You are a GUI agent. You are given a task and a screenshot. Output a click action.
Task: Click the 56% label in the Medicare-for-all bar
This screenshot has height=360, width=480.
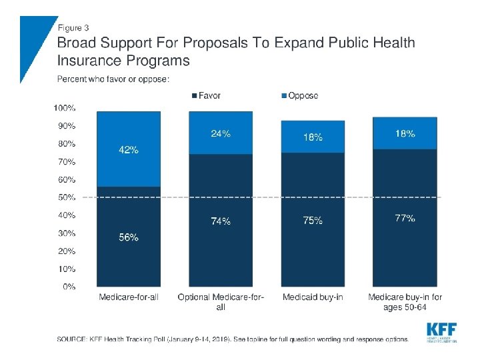click(129, 238)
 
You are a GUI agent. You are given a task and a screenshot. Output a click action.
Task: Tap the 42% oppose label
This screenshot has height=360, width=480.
click(129, 150)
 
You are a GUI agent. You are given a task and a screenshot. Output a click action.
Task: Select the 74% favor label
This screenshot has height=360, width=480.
click(221, 222)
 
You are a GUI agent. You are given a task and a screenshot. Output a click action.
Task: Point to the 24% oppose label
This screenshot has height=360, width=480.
click(221, 133)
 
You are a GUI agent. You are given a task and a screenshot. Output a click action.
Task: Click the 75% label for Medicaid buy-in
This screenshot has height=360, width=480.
click(313, 221)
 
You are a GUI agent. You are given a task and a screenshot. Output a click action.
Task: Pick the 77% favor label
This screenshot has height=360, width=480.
click(405, 218)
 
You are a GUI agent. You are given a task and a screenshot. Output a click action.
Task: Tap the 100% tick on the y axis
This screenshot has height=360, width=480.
click(64, 107)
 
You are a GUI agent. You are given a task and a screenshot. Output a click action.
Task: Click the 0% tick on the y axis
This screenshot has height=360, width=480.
click(69, 287)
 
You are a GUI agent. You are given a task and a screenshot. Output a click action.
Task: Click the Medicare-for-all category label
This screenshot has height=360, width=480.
click(129, 297)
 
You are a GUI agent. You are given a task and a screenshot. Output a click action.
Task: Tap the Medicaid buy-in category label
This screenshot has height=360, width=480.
click(313, 297)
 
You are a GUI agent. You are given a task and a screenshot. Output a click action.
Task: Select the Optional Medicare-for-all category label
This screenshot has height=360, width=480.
click(221, 302)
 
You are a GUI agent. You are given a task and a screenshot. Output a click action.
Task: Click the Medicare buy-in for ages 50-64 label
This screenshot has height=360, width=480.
click(405, 302)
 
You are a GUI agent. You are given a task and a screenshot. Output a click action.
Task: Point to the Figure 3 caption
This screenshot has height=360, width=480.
click(73, 28)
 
